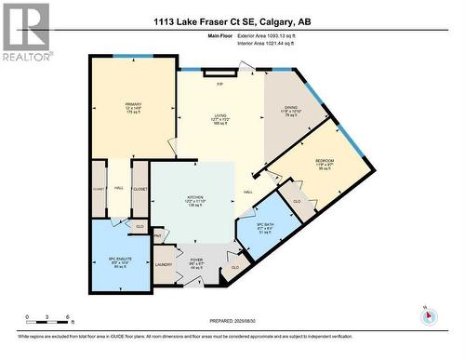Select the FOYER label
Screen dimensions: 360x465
click(197, 260)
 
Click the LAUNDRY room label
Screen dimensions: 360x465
click(166, 265)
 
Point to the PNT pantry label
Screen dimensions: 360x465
click(158, 236)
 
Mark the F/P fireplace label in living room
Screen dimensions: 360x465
click(220, 85)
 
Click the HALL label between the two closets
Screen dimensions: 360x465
click(119, 187)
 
